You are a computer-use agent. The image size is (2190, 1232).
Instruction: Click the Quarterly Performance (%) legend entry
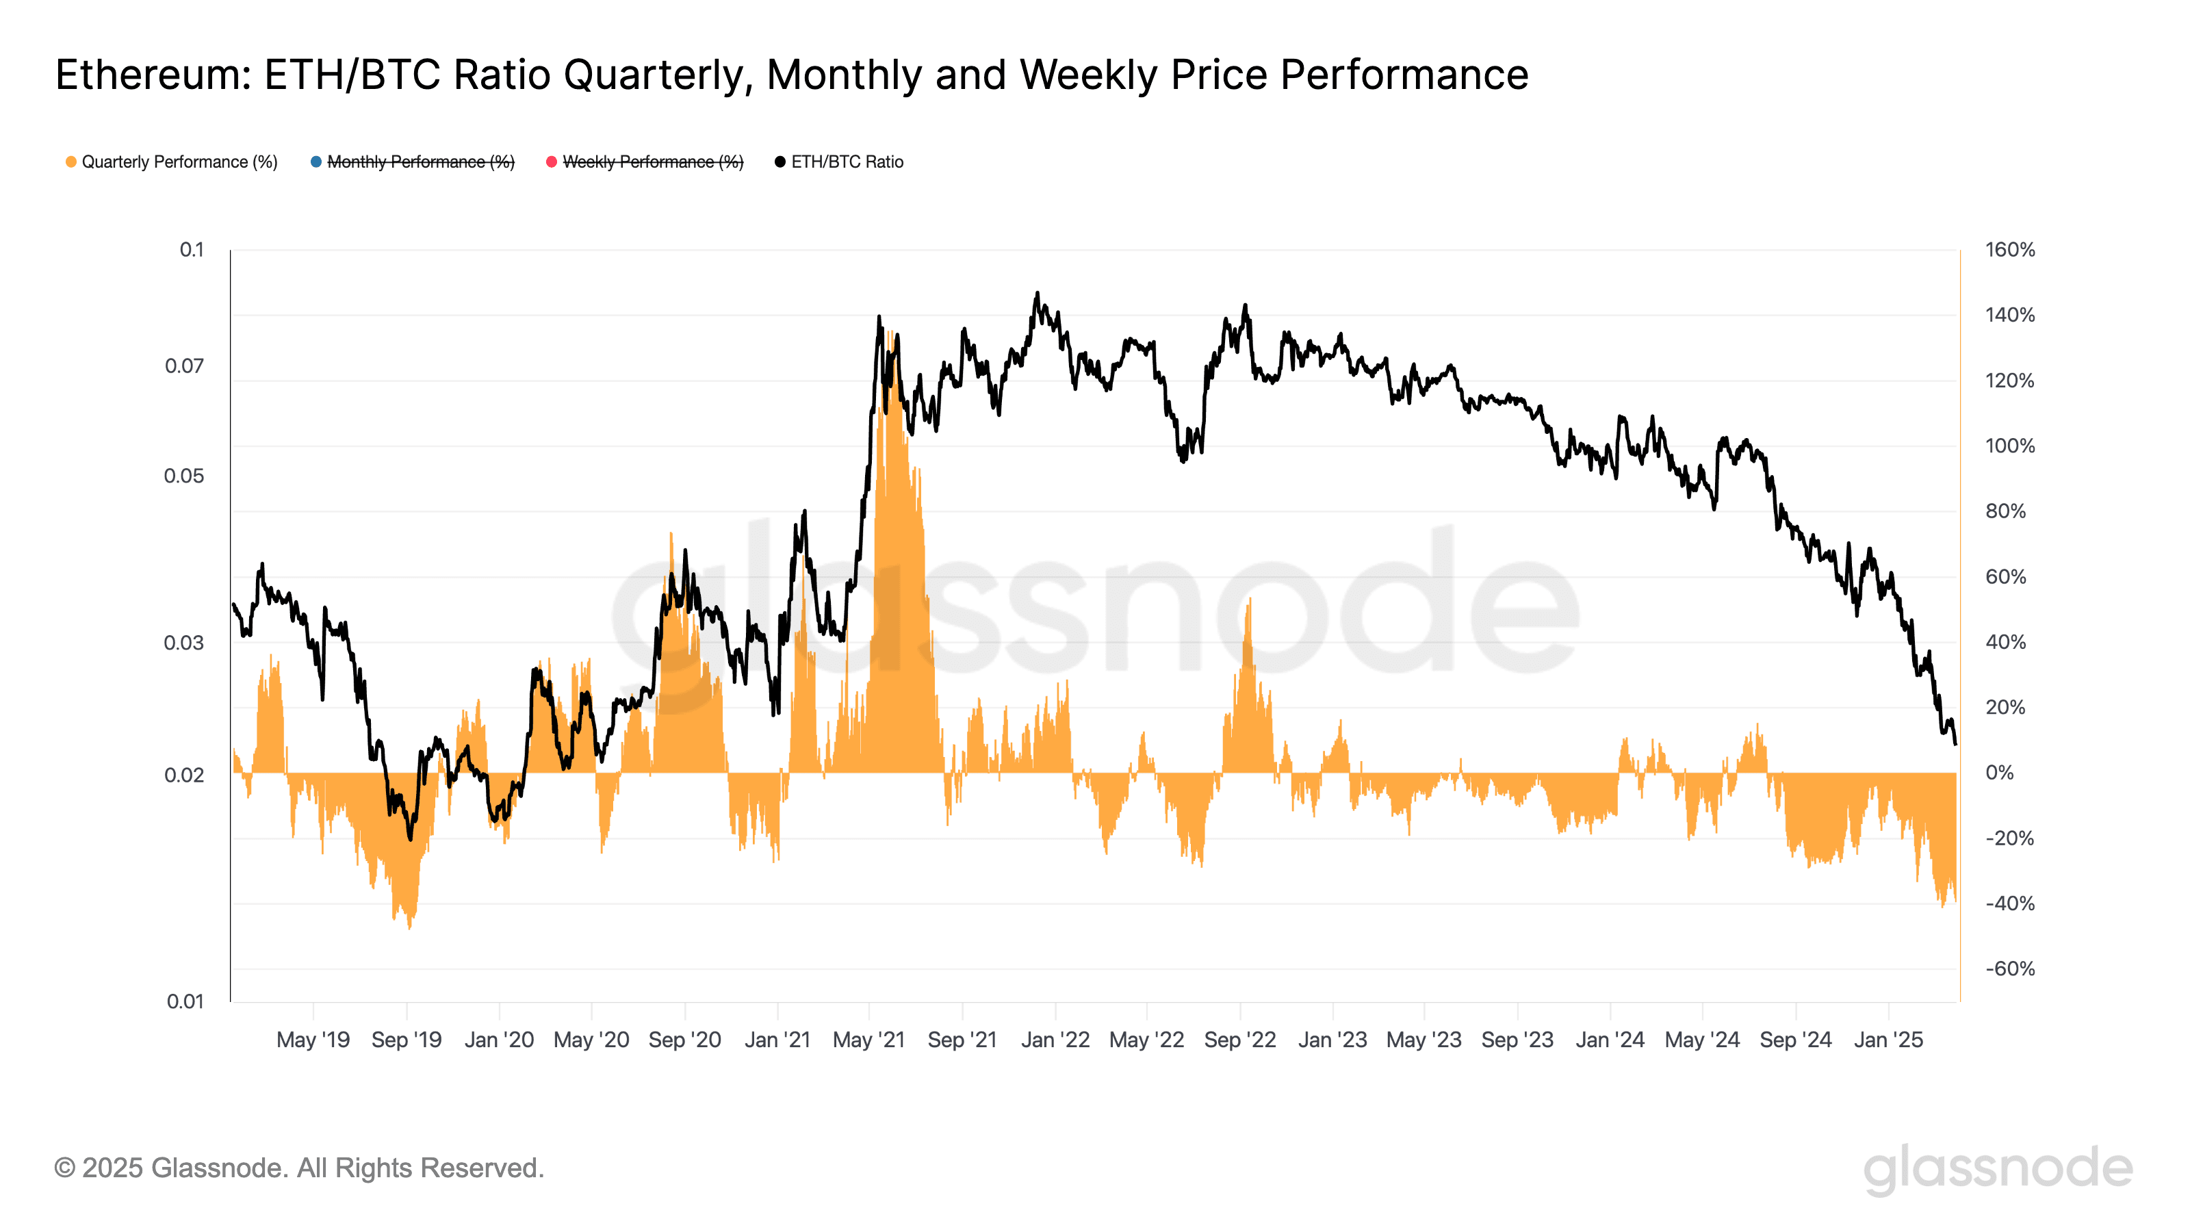(x=179, y=162)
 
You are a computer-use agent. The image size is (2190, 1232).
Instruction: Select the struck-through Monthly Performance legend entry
(x=420, y=162)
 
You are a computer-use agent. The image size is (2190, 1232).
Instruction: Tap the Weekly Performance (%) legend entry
(x=652, y=162)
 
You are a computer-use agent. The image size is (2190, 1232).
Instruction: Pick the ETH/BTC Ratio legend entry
(x=847, y=162)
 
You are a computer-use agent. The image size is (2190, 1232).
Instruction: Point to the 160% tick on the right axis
(x=2009, y=250)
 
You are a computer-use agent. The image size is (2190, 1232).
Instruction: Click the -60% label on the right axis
(x=2009, y=968)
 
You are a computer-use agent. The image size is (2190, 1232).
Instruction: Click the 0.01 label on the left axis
(x=185, y=1001)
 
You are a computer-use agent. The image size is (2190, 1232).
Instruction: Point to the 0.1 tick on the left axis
(x=192, y=250)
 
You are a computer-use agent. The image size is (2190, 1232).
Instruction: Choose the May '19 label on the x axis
(x=313, y=1040)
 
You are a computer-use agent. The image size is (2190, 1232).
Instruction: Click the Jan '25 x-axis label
(x=1888, y=1040)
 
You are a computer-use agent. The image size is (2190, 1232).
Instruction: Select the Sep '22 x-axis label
(x=1239, y=1040)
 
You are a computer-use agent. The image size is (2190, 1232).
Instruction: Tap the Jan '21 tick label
(x=777, y=1040)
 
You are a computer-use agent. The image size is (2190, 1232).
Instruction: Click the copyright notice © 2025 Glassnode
(x=298, y=1168)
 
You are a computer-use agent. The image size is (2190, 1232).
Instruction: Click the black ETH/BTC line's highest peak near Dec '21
(x=1036, y=294)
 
